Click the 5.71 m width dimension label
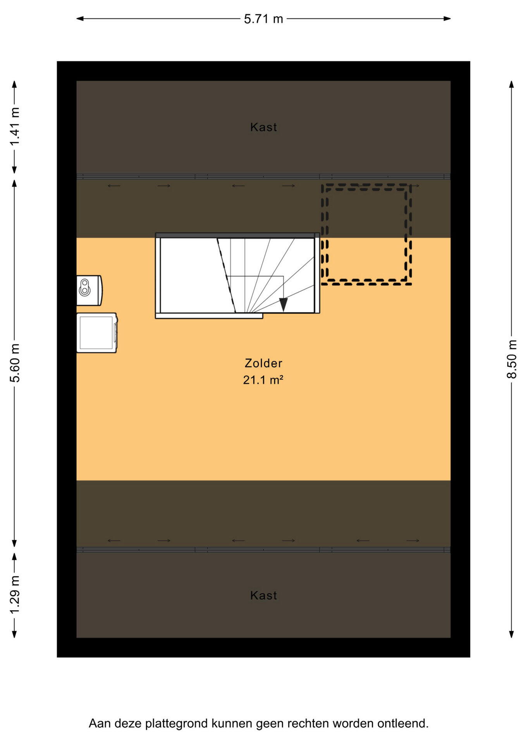pyautogui.click(x=263, y=19)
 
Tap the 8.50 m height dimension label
pyautogui.click(x=512, y=359)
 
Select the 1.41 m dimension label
pyautogui.click(x=15, y=127)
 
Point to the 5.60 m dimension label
pyautogui.click(x=15, y=363)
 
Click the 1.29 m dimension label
pyautogui.click(x=15, y=595)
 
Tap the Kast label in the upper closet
pyautogui.click(x=263, y=127)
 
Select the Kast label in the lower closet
pyautogui.click(x=263, y=595)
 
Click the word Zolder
pyautogui.click(x=263, y=363)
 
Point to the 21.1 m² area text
pyautogui.click(x=263, y=380)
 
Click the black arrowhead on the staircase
pyautogui.click(x=284, y=304)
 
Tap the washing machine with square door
pyautogui.click(x=97, y=332)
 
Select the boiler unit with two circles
pyautogui.click(x=89, y=290)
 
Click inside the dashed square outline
pyautogui.click(x=366, y=234)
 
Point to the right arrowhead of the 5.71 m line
pyautogui.click(x=447, y=18)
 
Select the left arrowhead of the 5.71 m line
pyautogui.click(x=80, y=18)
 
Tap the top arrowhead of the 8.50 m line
pyautogui.click(x=512, y=84)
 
